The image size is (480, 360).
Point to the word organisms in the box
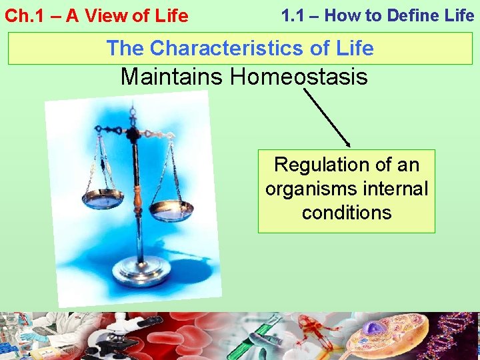(x=311, y=189)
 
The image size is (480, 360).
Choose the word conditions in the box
(x=346, y=213)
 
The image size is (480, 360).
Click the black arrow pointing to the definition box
(x=327, y=118)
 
